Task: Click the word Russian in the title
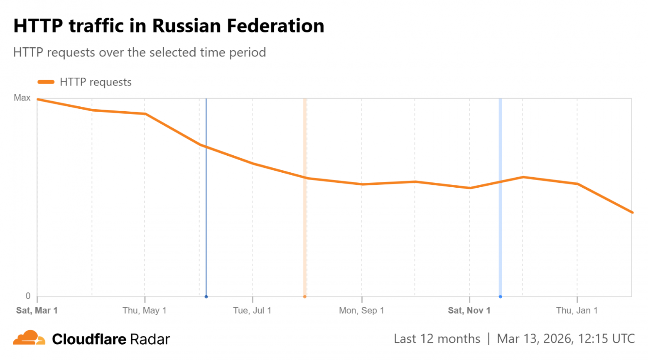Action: click(x=187, y=26)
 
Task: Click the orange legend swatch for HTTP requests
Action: click(x=46, y=82)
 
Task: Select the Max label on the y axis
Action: click(x=22, y=98)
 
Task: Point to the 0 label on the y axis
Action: click(x=28, y=296)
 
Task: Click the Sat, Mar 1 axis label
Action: click(x=37, y=311)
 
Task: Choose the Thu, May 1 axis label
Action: click(x=145, y=311)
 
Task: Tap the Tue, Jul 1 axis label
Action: click(x=252, y=311)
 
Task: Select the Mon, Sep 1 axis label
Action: click(x=361, y=311)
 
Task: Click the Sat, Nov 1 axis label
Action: click(x=469, y=311)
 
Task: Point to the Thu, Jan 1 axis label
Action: click(x=577, y=311)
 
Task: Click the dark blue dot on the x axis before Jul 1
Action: click(x=206, y=296)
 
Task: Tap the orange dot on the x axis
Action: click(x=305, y=296)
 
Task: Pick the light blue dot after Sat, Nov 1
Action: click(x=500, y=296)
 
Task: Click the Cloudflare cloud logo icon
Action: click(x=29, y=338)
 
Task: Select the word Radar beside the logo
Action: click(x=150, y=339)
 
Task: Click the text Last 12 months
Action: click(x=437, y=339)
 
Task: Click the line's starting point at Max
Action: click(x=38, y=99)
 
